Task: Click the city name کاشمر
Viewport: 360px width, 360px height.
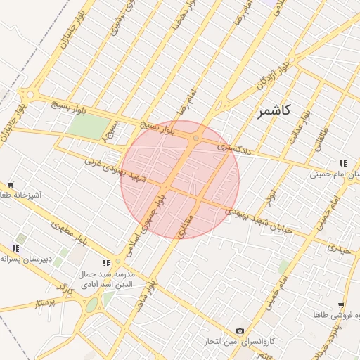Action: pos(273,112)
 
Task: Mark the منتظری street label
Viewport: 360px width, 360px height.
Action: pos(185,223)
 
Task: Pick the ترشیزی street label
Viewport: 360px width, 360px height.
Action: pos(115,22)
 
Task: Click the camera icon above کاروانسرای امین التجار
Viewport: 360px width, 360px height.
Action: pos(240,330)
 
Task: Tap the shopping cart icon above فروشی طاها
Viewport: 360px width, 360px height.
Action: pos(341,305)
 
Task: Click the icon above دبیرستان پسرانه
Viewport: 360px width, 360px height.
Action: pos(15,247)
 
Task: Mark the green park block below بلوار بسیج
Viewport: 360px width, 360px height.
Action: pos(89,127)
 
